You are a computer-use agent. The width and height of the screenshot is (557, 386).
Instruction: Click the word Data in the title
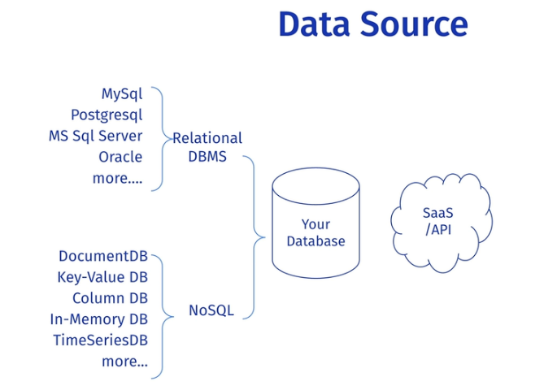pyautogui.click(x=314, y=24)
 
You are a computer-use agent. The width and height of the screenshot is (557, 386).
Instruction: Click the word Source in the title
pyautogui.click(x=413, y=24)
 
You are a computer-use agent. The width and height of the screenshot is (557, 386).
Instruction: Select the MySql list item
pyautogui.click(x=122, y=94)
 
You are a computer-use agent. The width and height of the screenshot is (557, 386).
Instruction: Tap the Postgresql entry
pyautogui.click(x=106, y=115)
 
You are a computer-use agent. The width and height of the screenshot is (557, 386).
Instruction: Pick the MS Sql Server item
pyautogui.click(x=95, y=137)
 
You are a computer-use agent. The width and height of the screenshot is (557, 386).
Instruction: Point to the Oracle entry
pyautogui.click(x=120, y=158)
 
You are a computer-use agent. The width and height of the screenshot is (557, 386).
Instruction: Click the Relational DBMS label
pyautogui.click(x=207, y=147)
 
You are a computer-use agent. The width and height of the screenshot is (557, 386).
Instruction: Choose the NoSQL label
pyautogui.click(x=211, y=310)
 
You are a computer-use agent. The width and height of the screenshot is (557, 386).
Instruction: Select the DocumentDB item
pyautogui.click(x=102, y=257)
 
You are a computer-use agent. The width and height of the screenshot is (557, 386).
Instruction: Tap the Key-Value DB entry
pyautogui.click(x=102, y=278)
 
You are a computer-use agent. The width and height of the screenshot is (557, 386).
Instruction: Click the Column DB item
pyautogui.click(x=110, y=299)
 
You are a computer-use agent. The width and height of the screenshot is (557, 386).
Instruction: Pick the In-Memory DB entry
pyautogui.click(x=98, y=320)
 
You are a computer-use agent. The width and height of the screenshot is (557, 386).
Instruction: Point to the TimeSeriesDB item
pyautogui.click(x=100, y=341)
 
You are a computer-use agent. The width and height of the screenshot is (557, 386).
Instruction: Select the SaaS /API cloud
pyautogui.click(x=440, y=220)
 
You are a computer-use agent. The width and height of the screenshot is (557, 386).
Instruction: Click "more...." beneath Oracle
pyautogui.click(x=117, y=179)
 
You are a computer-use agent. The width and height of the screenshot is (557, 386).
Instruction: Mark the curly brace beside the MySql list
pyautogui.click(x=159, y=137)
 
